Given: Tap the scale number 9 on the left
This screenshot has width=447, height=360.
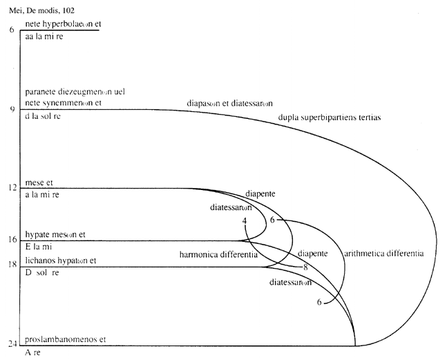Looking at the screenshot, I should tap(12, 109).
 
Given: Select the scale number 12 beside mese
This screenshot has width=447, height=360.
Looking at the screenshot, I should tap(12, 188).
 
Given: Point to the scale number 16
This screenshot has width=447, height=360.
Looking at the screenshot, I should tap(12, 240).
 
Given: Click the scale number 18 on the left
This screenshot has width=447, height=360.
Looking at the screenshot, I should tap(12, 265).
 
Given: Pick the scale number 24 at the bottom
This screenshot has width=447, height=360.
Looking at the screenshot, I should tap(12, 343).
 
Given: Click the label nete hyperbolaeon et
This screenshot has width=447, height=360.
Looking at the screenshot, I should tap(63, 23).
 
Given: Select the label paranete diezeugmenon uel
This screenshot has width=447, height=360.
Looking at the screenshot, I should tap(74, 92).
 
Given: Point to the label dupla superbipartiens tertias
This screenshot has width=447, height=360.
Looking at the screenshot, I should tap(329, 117).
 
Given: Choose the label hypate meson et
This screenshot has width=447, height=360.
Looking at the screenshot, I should tap(54, 234).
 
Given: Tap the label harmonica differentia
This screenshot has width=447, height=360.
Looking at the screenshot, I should tap(218, 255).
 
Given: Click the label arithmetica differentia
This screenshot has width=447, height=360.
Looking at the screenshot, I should tap(383, 254).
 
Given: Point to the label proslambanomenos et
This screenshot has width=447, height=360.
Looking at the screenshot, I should tap(68, 340).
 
